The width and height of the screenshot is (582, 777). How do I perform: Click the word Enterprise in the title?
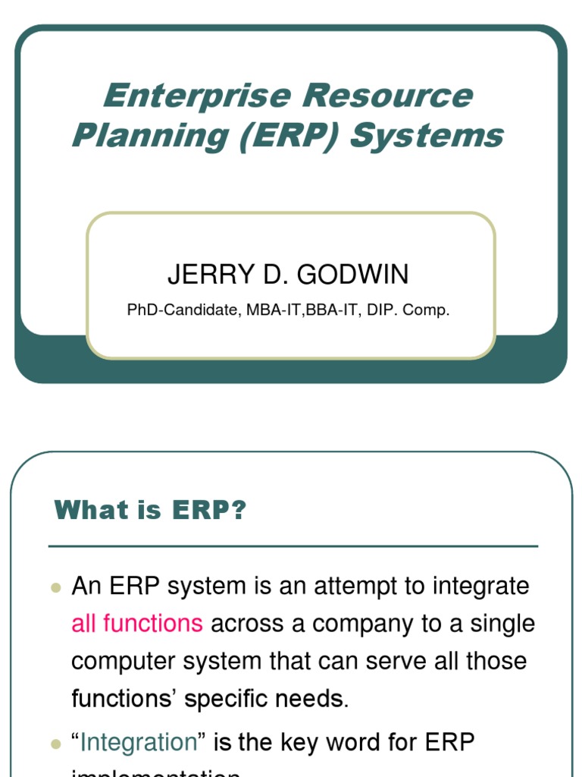pos(196,96)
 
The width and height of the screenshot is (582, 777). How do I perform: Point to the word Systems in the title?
pos(427,136)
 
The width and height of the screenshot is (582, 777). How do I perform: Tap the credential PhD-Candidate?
pos(183,310)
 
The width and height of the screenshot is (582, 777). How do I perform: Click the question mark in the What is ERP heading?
pos(239,511)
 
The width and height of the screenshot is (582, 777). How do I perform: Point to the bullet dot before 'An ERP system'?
pos(55,588)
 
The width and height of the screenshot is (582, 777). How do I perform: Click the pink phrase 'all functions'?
pos(137,624)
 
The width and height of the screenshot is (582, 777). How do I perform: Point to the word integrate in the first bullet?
pos(480,587)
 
